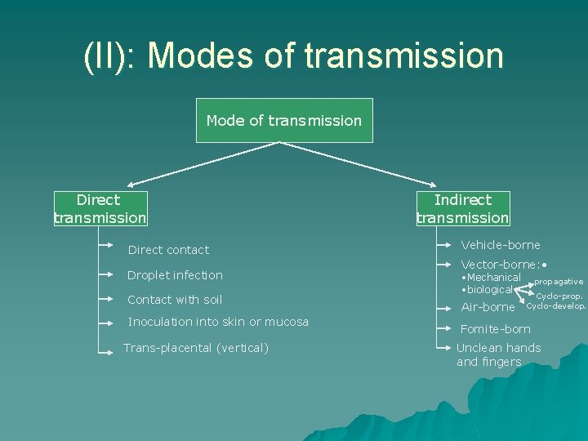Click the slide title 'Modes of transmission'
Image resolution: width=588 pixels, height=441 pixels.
tap(293, 56)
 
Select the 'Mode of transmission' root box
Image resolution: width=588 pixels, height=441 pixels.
tap(284, 120)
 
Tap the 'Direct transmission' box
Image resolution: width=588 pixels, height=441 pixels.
tap(100, 208)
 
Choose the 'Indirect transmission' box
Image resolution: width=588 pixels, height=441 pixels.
tap(462, 208)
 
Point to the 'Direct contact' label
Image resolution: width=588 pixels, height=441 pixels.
tap(168, 250)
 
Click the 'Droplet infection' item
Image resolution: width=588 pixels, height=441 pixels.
tap(175, 275)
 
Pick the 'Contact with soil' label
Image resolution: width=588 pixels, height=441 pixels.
tap(175, 300)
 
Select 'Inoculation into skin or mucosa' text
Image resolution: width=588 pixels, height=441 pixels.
tap(218, 322)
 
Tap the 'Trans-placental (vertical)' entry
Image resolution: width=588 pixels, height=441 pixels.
tap(195, 348)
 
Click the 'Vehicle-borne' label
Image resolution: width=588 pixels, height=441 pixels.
tap(500, 244)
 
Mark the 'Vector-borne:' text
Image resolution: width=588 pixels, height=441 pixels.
tap(500, 265)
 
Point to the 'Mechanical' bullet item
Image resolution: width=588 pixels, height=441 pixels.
tap(492, 277)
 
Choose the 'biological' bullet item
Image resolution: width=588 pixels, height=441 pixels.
tap(489, 289)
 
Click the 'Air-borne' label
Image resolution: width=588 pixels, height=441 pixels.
tap(488, 307)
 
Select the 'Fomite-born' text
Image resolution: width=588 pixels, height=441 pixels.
tap(495, 329)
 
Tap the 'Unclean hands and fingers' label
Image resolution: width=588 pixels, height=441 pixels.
tap(497, 354)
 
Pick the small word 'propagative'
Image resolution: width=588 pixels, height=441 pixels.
tap(559, 282)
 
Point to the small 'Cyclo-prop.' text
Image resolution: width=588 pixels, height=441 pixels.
tap(559, 296)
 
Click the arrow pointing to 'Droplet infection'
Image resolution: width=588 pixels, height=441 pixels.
tap(105, 275)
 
